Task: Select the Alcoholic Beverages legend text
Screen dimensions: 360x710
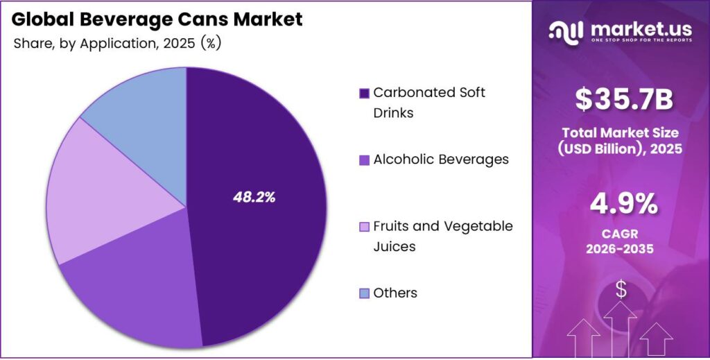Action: tap(440, 160)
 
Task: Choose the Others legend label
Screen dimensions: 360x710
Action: tap(395, 293)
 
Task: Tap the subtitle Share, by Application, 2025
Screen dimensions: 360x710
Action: tap(116, 43)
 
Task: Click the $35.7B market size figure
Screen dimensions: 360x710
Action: tap(623, 100)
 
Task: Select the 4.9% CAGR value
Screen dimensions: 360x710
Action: tap(623, 204)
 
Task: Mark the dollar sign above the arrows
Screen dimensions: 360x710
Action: tap(621, 290)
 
